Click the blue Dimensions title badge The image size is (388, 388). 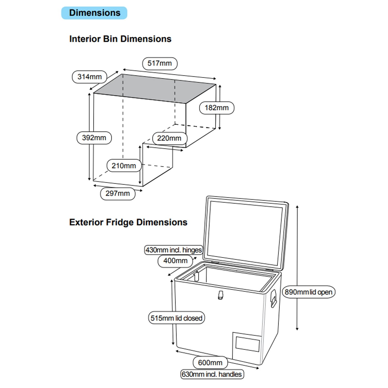(94, 13)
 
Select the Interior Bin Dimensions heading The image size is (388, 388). (120, 39)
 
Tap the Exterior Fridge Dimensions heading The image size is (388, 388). (128, 222)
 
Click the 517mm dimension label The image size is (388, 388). (160, 63)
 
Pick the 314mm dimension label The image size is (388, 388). (89, 77)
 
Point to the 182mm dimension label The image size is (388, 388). (217, 108)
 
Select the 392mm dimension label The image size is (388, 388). (94, 138)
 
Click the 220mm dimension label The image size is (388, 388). (169, 138)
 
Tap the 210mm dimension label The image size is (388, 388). (124, 166)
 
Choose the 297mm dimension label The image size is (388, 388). (118, 193)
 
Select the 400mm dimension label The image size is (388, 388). (175, 261)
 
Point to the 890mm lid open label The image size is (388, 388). (309, 292)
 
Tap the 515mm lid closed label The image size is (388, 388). (176, 318)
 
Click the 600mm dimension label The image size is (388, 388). (210, 363)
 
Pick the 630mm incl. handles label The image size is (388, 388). (212, 374)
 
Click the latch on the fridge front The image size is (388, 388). (221, 295)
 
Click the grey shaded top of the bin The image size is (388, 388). (155, 88)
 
